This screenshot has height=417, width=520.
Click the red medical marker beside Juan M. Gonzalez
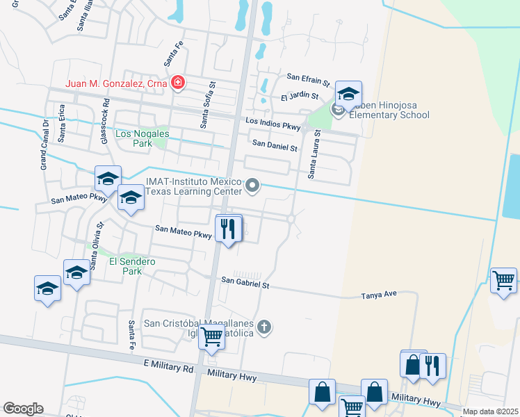178,83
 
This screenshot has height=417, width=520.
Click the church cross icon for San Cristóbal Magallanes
263,327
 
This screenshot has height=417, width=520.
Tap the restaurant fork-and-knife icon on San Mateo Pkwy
228,229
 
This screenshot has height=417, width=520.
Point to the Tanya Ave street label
378,294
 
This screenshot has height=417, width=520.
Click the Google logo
23,409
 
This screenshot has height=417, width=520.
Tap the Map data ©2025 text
490,411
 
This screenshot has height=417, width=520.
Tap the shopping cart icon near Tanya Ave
503,281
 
